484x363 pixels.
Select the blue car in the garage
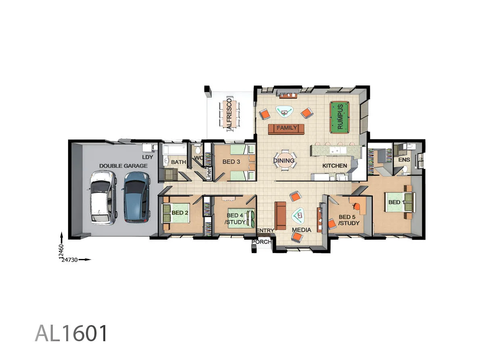click(136, 197)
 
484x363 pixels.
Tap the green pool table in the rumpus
click(340, 117)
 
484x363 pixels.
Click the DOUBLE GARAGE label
click(123, 166)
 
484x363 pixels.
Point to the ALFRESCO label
click(229, 114)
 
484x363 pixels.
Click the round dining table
click(284, 161)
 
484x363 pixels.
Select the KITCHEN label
click(334, 166)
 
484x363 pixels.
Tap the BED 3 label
click(231, 162)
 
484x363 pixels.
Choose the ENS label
click(404, 160)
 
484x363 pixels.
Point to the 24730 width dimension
click(70, 260)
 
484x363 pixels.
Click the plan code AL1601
click(72, 333)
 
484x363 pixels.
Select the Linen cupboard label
click(209, 173)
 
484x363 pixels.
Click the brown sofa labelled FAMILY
click(286, 128)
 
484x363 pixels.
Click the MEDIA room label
click(302, 230)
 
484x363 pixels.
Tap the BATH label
click(178, 162)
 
